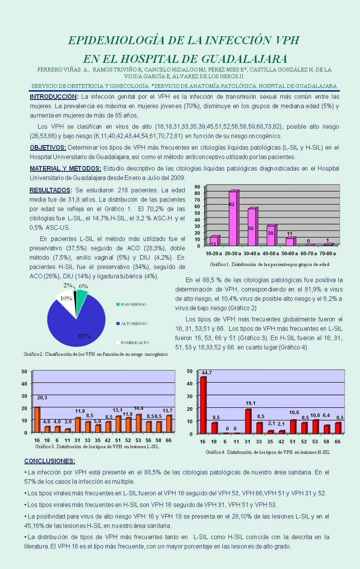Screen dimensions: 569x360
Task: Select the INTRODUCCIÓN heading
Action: [53, 97]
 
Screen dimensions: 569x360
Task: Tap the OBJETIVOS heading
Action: [47, 148]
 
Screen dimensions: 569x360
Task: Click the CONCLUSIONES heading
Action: [49, 461]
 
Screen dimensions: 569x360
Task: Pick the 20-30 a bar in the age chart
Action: [233, 219]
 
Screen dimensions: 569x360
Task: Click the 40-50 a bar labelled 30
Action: [271, 236]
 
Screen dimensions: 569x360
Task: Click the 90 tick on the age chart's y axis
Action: [197, 187]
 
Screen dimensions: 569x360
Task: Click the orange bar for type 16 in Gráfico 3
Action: [37, 420]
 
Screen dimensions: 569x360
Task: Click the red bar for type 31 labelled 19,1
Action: [247, 421]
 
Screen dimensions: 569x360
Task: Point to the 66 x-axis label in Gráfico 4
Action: [338, 442]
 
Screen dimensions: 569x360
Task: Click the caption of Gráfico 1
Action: [270, 264]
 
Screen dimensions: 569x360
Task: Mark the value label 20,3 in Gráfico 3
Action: [42, 398]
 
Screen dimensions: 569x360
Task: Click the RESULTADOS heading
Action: [50, 190]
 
